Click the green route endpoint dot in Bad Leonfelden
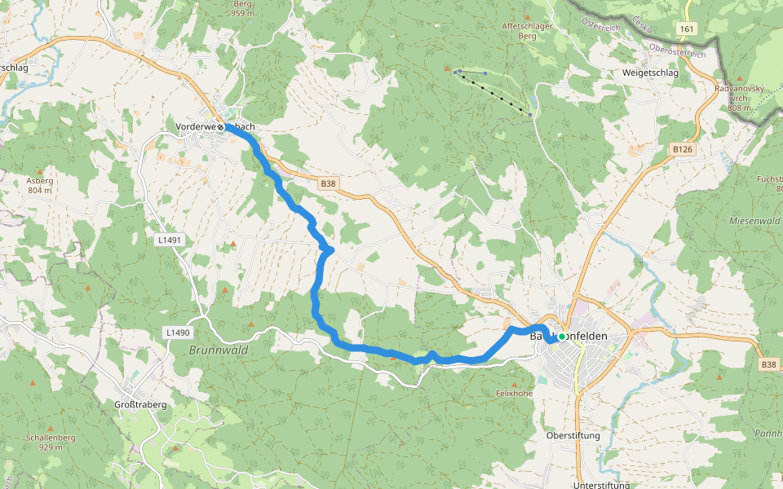pyautogui.click(x=562, y=337)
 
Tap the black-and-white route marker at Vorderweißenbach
pyautogui.click(x=220, y=127)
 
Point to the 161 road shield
pyautogui.click(x=687, y=29)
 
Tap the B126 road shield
pyautogui.click(x=683, y=149)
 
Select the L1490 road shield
pyautogui.click(x=177, y=333)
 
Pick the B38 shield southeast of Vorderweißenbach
pyautogui.click(x=328, y=184)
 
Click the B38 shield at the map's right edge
pyautogui.click(x=769, y=364)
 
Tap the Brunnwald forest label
pyautogui.click(x=218, y=350)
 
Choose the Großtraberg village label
pyautogui.click(x=140, y=404)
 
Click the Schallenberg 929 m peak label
pyautogui.click(x=51, y=443)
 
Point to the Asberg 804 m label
pyautogui.click(x=39, y=185)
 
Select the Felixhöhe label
pyautogui.click(x=514, y=394)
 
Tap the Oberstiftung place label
pyautogui.click(x=573, y=435)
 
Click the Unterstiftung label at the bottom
pyautogui.click(x=601, y=485)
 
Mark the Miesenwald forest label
pyautogui.click(x=754, y=221)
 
